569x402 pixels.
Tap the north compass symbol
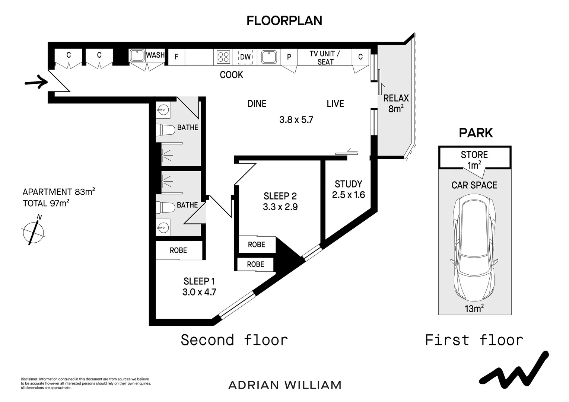(x=34, y=231)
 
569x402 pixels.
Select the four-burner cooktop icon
(x=224, y=57)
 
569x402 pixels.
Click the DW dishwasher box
(x=245, y=57)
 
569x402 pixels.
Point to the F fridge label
(x=177, y=57)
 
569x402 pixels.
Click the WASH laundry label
(x=155, y=55)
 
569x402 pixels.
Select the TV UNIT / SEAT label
(x=325, y=58)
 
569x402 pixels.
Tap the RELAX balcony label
(x=396, y=98)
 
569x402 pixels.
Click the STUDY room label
(x=348, y=184)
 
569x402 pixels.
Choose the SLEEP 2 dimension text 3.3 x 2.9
(x=280, y=207)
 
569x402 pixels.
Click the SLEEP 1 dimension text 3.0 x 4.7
(x=199, y=292)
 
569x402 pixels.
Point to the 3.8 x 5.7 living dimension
(x=296, y=120)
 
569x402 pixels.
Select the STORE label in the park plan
(x=474, y=155)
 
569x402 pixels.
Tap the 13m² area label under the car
(x=474, y=309)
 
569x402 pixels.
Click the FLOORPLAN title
(x=284, y=21)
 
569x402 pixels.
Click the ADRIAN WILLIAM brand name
(x=285, y=385)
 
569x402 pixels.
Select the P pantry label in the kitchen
(x=289, y=57)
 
